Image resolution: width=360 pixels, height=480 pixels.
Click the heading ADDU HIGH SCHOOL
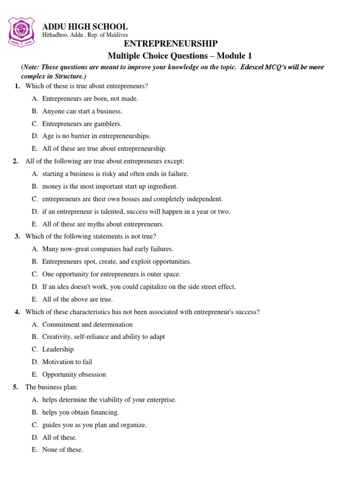click(85, 27)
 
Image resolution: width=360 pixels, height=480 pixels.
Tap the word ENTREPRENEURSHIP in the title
click(170, 44)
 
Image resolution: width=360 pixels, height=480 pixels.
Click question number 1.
click(17, 86)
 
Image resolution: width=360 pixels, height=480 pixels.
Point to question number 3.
click(17, 236)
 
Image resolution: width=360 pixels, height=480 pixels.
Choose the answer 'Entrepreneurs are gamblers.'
click(82, 124)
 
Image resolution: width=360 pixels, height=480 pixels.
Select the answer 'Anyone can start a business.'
click(82, 111)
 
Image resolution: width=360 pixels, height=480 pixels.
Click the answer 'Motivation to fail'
click(67, 361)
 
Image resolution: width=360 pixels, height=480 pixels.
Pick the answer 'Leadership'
click(58, 349)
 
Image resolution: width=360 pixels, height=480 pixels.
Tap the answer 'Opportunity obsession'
click(74, 374)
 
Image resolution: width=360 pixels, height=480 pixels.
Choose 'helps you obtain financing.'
click(80, 412)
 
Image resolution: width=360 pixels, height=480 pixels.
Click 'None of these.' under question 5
click(62, 450)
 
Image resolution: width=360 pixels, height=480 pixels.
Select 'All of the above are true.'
click(77, 299)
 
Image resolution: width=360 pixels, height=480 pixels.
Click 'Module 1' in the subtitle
click(232, 55)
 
